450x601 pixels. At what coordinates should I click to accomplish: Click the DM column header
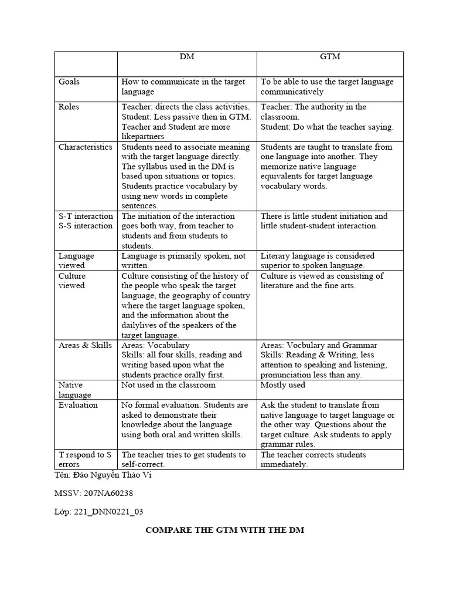tap(186, 57)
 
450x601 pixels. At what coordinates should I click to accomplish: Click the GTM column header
tap(330, 57)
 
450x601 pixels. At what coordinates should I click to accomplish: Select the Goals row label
tap(69, 82)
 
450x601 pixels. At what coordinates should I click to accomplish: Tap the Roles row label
tap(69, 107)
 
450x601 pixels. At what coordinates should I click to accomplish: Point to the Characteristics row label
tap(85, 147)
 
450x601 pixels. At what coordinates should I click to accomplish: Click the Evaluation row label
tap(78, 405)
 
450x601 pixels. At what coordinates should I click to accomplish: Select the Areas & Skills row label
tap(85, 345)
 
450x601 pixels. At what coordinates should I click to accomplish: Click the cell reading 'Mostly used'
tap(283, 385)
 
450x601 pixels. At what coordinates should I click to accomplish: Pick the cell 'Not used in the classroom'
tap(169, 385)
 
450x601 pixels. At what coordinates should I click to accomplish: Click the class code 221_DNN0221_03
tap(108, 511)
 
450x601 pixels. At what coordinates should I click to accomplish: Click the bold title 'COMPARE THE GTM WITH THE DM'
tap(224, 530)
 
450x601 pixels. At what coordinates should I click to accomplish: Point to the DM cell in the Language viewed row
tap(183, 261)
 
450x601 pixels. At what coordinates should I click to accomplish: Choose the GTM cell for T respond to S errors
tap(313, 460)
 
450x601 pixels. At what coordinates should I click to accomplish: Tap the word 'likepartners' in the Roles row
tap(144, 137)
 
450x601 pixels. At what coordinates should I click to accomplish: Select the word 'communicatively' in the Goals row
tap(292, 92)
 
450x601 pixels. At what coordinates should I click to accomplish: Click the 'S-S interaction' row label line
tap(85, 226)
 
